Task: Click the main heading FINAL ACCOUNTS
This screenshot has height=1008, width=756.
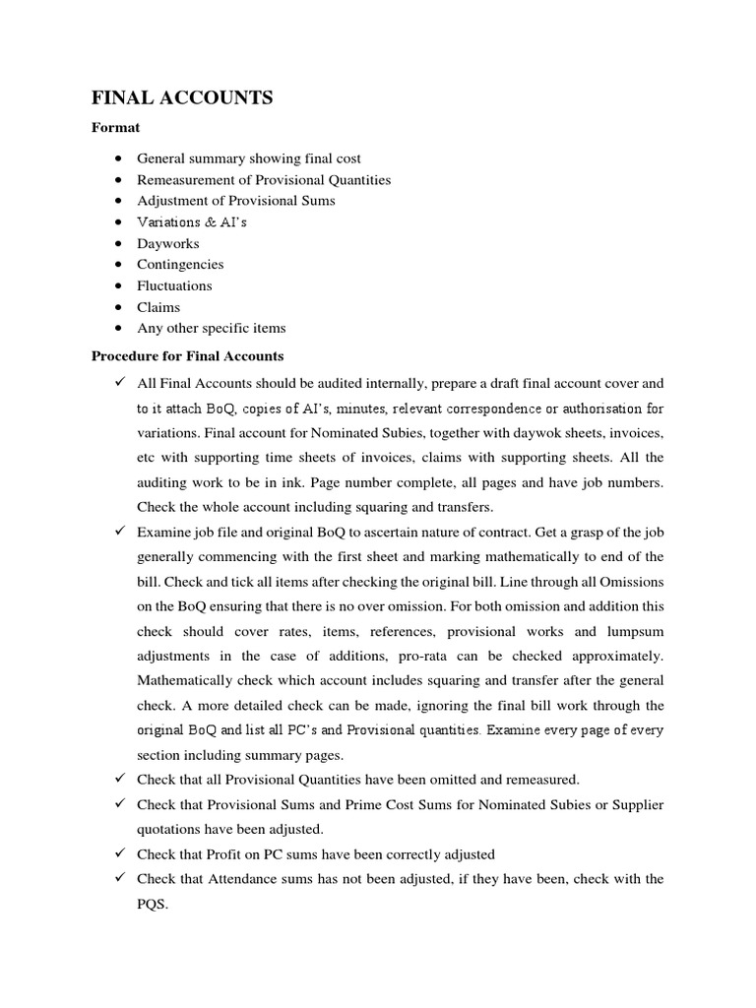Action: pyautogui.click(x=182, y=97)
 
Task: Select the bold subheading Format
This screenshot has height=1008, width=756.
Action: pyautogui.click(x=115, y=128)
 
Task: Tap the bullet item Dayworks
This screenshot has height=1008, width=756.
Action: pyautogui.click(x=167, y=243)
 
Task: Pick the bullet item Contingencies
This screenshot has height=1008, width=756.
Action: pyautogui.click(x=180, y=265)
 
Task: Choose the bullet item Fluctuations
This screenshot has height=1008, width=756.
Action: pyautogui.click(x=174, y=286)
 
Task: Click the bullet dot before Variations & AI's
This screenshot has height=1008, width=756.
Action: pyautogui.click(x=117, y=222)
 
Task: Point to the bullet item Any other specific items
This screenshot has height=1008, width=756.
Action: pyautogui.click(x=212, y=329)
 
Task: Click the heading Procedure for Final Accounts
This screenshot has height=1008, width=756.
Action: pyautogui.click(x=187, y=356)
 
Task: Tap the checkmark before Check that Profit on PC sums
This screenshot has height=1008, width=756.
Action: pyautogui.click(x=117, y=854)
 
